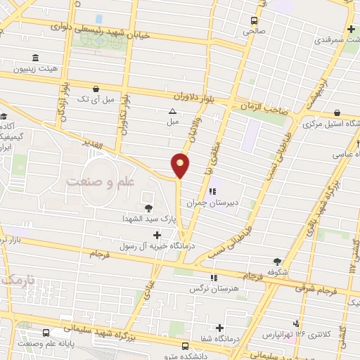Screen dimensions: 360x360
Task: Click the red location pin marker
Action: tap(181, 165)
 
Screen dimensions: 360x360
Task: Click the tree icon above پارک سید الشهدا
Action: tap(148, 207)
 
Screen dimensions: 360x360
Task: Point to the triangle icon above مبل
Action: tap(172, 111)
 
